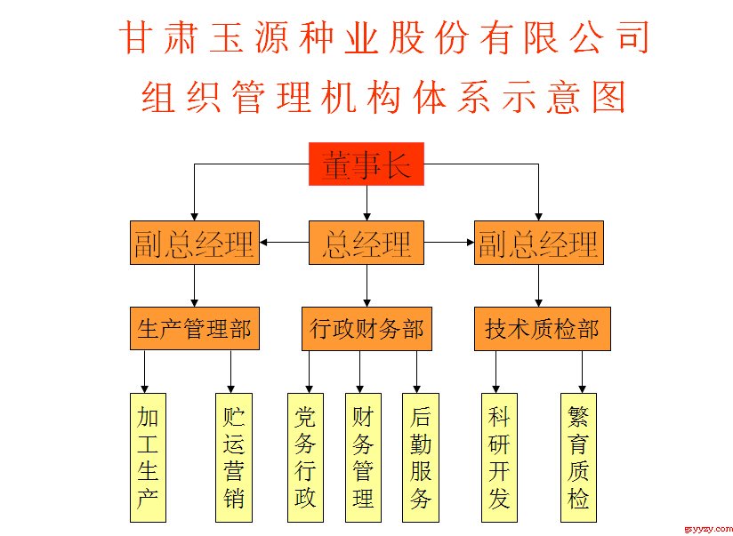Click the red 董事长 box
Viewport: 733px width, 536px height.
pos(366,164)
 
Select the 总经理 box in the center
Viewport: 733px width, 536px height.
pos(366,243)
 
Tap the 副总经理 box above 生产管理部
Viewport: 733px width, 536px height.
pos(195,243)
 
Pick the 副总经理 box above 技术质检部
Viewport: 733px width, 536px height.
pos(539,243)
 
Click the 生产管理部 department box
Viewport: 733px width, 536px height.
pos(195,329)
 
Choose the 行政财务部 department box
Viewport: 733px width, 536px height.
pos(366,329)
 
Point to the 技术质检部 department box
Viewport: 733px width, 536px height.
pos(543,329)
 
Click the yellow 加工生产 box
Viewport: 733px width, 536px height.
pos(148,458)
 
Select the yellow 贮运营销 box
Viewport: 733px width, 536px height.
pos(234,458)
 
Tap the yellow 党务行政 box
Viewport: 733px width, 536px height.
pos(305,458)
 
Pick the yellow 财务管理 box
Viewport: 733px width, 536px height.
pos(363,458)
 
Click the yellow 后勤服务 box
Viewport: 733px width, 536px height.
pos(421,458)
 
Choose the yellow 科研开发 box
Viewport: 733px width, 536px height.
pos(499,458)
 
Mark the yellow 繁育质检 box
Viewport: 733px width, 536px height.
pos(578,458)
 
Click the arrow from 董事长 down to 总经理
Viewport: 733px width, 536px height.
pos(367,204)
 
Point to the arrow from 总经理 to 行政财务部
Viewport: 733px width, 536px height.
pos(367,285)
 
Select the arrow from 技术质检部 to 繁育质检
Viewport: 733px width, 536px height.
pos(582,372)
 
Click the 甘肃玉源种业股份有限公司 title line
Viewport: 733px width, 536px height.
pos(384,37)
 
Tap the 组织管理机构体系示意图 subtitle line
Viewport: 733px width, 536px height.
pos(383,97)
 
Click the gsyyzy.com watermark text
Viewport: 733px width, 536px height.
pos(708,529)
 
